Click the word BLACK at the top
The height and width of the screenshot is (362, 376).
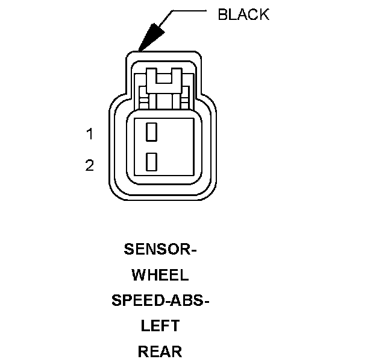(243, 15)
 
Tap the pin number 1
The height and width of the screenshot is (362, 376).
(90, 135)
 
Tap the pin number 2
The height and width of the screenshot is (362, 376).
(90, 165)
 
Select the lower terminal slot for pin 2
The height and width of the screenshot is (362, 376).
(152, 160)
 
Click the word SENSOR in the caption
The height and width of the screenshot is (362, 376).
(157, 250)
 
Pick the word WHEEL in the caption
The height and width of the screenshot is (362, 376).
(160, 276)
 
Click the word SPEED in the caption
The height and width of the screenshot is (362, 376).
(134, 301)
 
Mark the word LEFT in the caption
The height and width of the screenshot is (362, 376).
(160, 326)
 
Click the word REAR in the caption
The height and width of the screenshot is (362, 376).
(160, 352)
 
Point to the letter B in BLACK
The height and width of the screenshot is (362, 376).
(222, 15)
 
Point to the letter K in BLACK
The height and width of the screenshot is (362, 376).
(264, 15)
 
